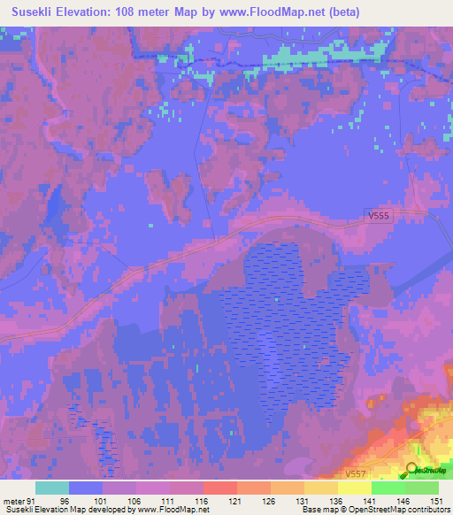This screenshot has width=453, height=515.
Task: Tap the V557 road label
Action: [x=356, y=474]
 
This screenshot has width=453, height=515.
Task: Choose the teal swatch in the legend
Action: [x=52, y=488]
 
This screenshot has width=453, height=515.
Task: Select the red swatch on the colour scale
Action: [x=219, y=488]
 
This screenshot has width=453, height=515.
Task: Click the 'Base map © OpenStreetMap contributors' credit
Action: [x=375, y=510]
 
